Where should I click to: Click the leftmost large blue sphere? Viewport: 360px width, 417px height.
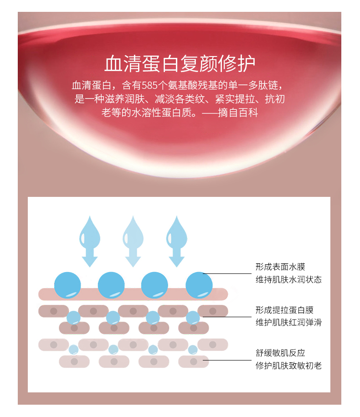[x=67, y=285]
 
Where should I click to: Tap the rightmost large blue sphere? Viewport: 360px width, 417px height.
[x=199, y=285]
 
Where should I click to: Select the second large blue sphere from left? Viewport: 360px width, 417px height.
[x=111, y=285]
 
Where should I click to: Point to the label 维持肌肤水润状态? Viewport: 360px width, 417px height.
[x=288, y=279]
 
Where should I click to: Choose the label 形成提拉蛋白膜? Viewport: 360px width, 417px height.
[x=284, y=310]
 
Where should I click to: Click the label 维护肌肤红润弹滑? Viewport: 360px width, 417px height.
[x=288, y=323]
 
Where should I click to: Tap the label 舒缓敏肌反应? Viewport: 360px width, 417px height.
[x=280, y=353]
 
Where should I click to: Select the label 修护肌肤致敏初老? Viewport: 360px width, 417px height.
[x=288, y=366]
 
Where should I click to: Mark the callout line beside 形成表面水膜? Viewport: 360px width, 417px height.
[x=228, y=274]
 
